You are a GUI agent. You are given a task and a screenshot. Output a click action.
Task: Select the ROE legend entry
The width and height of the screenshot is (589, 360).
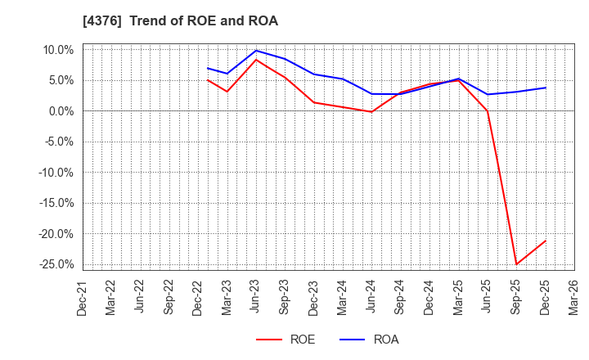(286, 340)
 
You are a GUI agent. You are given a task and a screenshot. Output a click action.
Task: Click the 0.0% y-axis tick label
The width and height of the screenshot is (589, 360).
(60, 111)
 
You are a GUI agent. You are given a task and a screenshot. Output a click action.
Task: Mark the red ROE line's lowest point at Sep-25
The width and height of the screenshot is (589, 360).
(516, 264)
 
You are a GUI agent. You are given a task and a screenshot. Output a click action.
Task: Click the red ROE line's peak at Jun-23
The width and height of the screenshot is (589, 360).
(256, 60)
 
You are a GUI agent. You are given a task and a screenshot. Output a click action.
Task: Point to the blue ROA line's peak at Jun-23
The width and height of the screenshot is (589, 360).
(256, 51)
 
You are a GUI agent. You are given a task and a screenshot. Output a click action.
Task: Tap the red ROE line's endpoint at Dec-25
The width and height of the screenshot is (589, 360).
(546, 241)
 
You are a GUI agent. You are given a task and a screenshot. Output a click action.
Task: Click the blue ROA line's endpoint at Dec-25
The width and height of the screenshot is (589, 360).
(546, 88)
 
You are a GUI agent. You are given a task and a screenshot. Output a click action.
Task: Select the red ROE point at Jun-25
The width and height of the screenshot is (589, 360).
(488, 111)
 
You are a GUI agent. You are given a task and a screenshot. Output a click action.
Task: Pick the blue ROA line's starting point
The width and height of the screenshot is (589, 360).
(208, 68)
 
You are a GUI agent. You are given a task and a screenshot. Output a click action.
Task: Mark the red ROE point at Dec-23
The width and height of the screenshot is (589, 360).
(314, 102)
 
